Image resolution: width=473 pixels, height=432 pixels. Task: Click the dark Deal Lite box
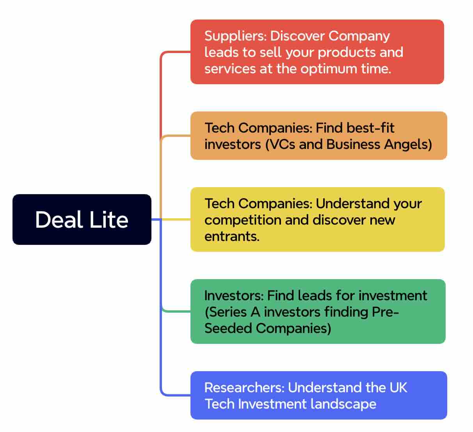pyautogui.click(x=82, y=220)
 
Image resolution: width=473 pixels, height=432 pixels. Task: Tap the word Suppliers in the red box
pyautogui.click(x=235, y=37)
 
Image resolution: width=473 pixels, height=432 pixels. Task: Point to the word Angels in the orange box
pyautogui.click(x=408, y=145)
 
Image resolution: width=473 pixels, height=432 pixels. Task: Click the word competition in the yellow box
pyautogui.click(x=243, y=220)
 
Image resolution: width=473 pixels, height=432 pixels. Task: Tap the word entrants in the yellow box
pyautogui.click(x=232, y=236)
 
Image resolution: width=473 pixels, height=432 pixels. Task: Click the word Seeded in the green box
pyautogui.click(x=228, y=328)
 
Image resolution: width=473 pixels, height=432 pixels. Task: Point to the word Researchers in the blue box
pyautogui.click(x=244, y=388)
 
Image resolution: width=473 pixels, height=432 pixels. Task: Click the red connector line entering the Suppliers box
pyautogui.click(x=161, y=94)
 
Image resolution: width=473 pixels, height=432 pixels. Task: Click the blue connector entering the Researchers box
pyautogui.click(x=161, y=306)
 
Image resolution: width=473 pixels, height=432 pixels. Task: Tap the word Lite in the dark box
pyautogui.click(x=109, y=220)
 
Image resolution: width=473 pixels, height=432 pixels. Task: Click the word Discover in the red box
pyautogui.click(x=297, y=37)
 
